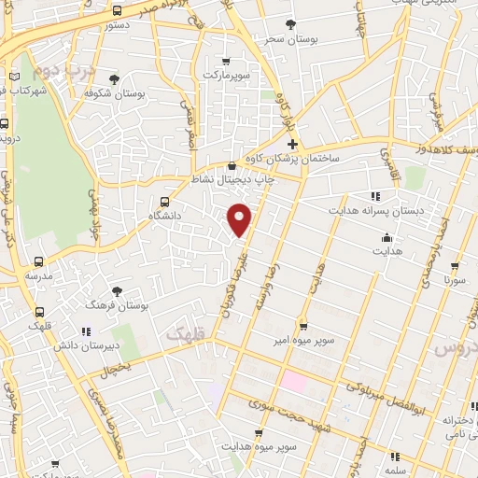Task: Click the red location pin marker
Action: [241, 218]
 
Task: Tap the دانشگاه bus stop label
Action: [165, 215]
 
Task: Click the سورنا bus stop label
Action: [455, 279]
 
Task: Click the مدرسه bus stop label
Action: [38, 276]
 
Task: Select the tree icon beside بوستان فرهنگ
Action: [117, 291]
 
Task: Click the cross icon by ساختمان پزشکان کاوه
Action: [292, 145]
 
